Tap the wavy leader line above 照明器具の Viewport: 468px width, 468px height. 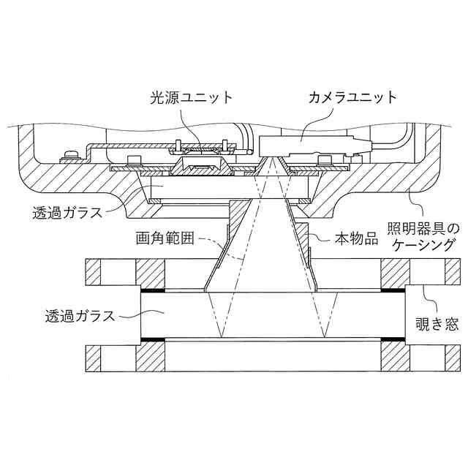(x=415, y=203)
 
